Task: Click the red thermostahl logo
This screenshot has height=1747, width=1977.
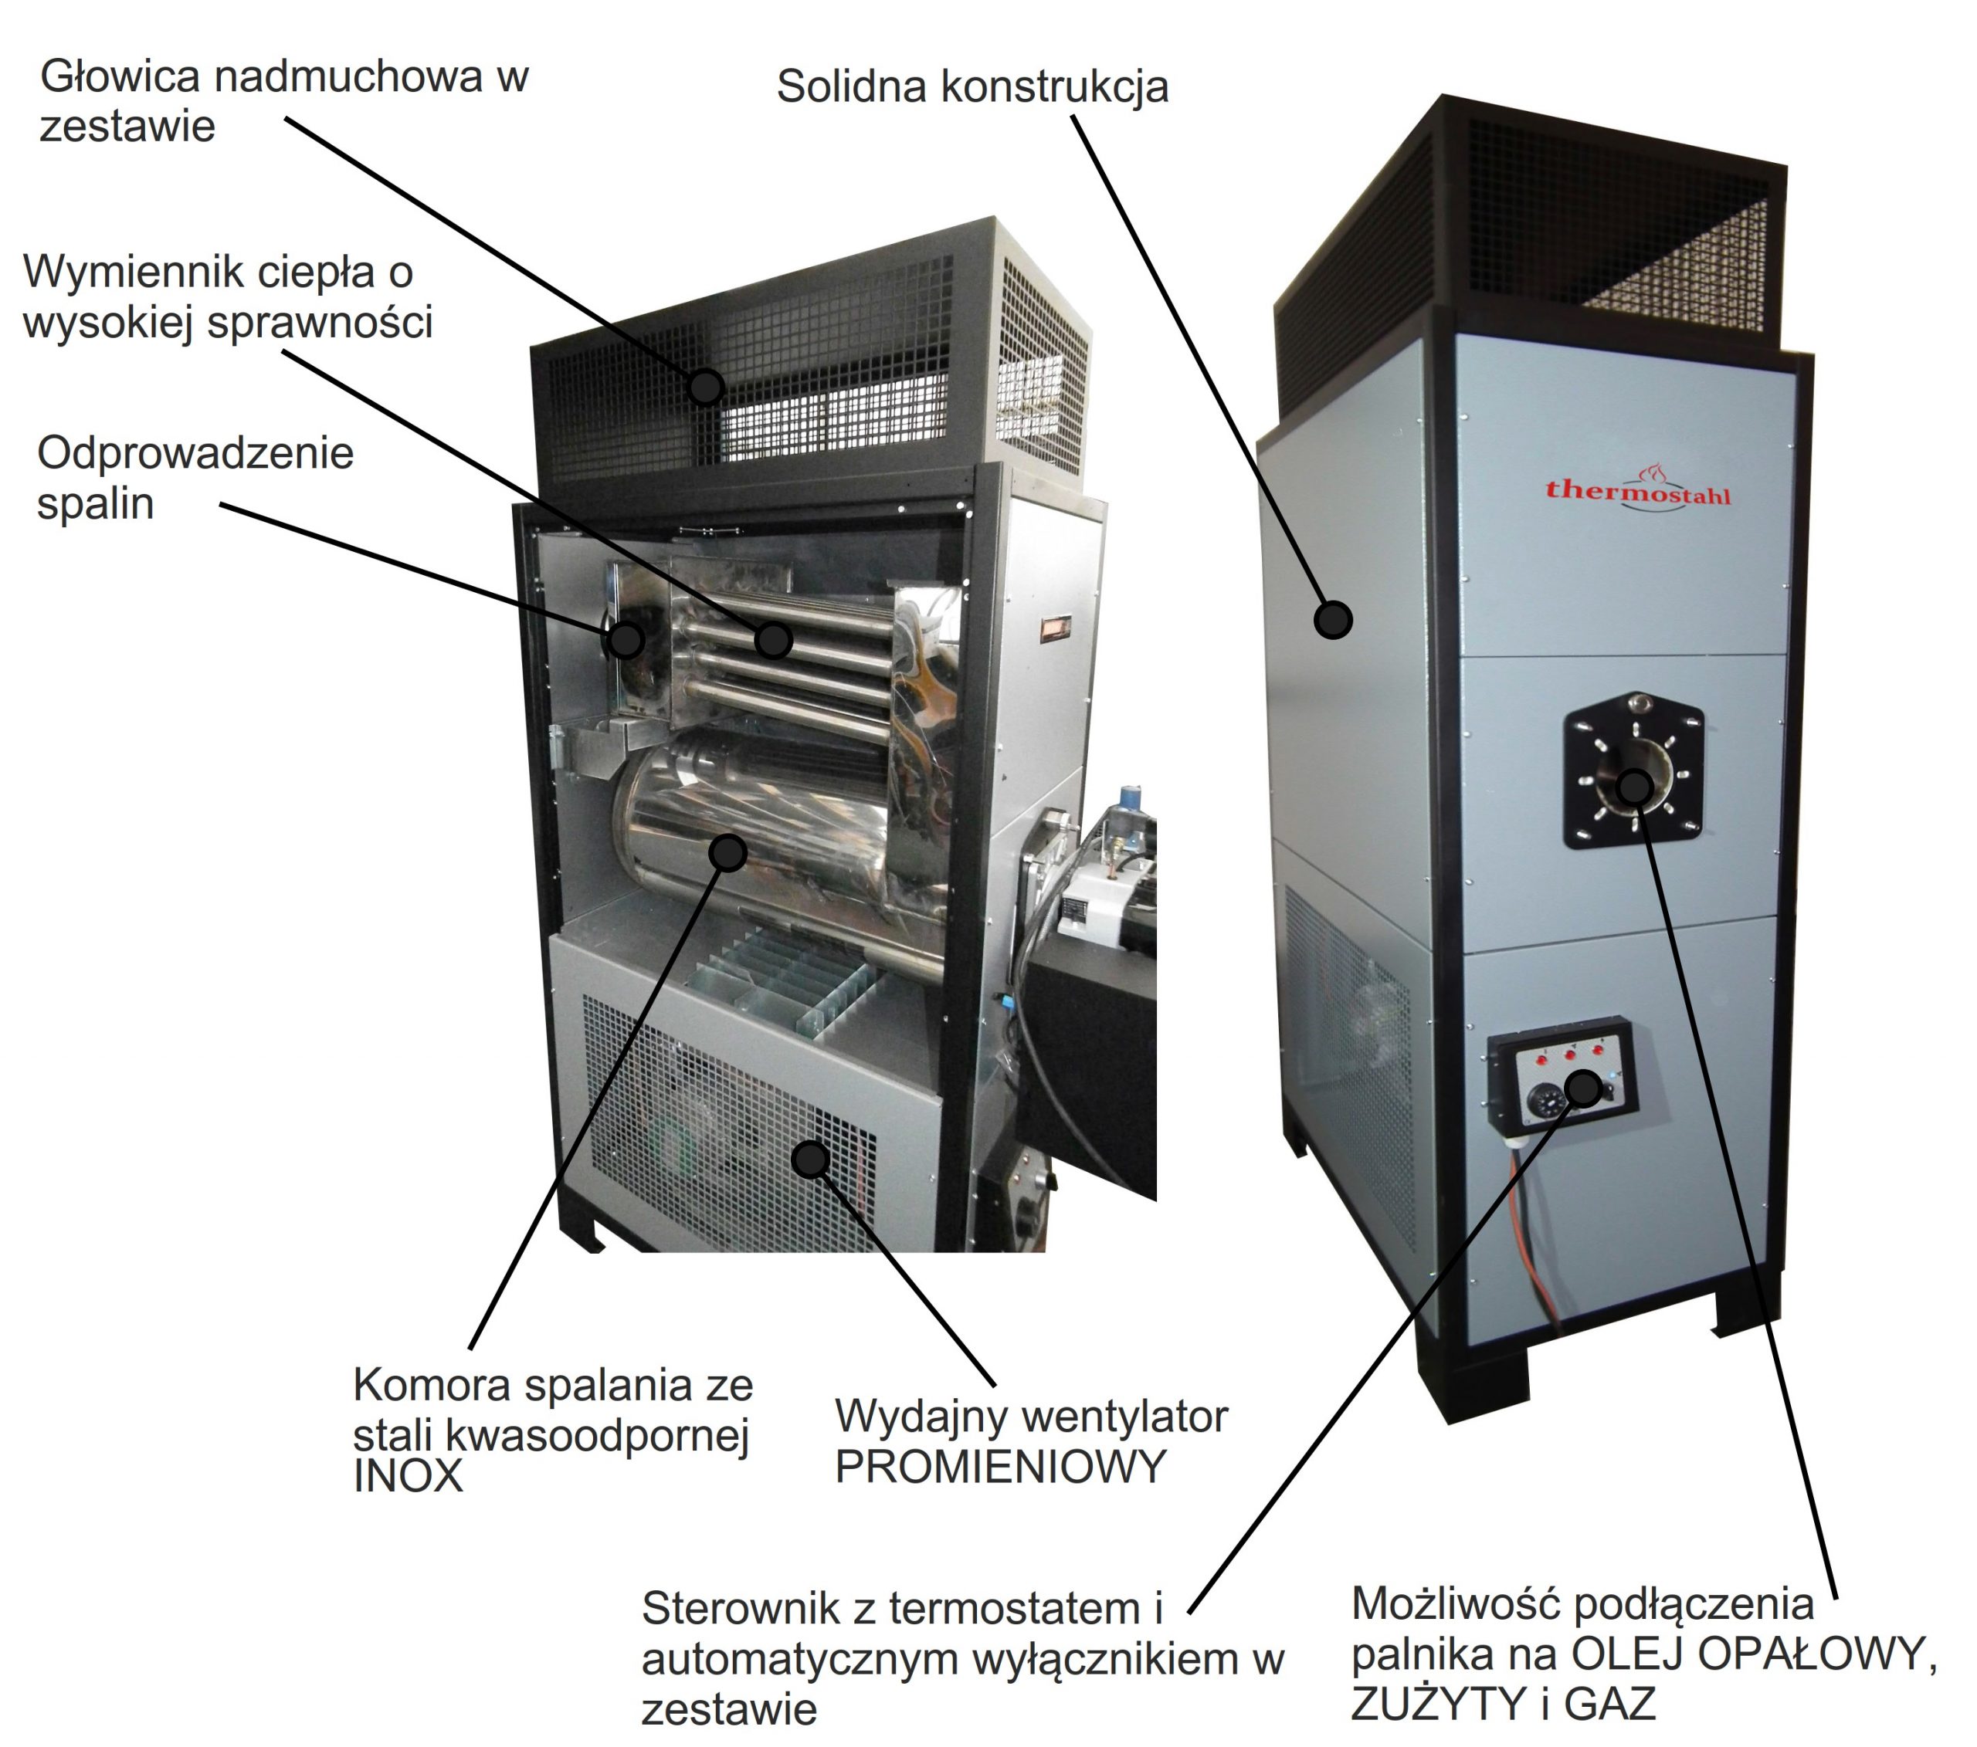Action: click(x=1637, y=490)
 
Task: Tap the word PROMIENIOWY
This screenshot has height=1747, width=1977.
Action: click(x=1000, y=1468)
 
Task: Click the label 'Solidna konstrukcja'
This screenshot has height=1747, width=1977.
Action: click(x=972, y=87)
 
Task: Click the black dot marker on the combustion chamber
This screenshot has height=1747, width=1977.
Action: click(x=727, y=853)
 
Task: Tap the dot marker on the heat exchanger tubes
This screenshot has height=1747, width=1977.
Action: click(x=774, y=639)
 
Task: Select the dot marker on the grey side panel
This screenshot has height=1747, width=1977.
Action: click(x=1334, y=619)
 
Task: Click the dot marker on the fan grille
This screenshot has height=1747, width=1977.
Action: click(x=811, y=1158)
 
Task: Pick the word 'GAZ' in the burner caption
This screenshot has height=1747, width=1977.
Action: click(x=1609, y=1704)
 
